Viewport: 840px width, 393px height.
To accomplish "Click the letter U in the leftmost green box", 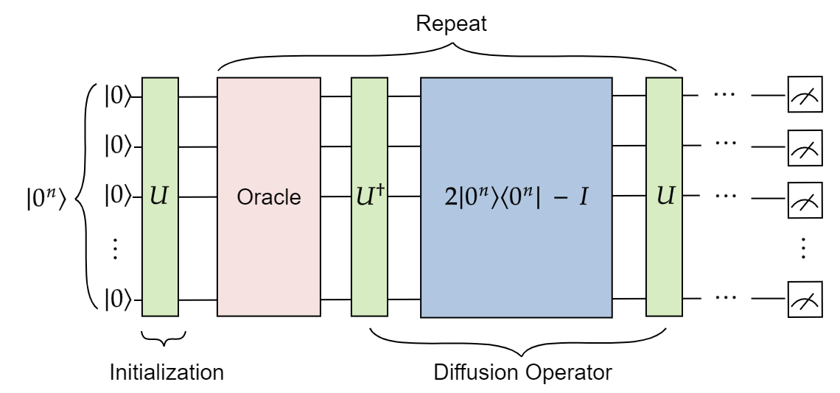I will (x=159, y=196).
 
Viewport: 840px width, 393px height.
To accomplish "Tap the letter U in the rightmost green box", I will (x=665, y=196).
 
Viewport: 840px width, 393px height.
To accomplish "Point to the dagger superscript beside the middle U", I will (x=381, y=190).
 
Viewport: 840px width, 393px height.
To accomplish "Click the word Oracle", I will (x=269, y=197).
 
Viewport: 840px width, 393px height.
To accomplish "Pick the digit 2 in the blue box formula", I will (x=450, y=197).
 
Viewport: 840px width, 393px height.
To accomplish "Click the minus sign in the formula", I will (x=559, y=197).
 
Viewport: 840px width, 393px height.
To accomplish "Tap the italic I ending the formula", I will (x=583, y=197).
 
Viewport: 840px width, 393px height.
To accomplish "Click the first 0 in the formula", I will (x=469, y=197).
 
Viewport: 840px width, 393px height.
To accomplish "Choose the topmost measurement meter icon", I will (x=805, y=95).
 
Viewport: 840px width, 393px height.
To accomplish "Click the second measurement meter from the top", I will (x=805, y=148).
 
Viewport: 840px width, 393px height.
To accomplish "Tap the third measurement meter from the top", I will (x=805, y=200).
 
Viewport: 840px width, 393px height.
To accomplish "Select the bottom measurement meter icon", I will (x=805, y=300).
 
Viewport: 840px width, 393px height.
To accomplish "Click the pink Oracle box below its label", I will (x=269, y=265).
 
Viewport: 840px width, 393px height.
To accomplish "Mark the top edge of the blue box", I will (x=516, y=79).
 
